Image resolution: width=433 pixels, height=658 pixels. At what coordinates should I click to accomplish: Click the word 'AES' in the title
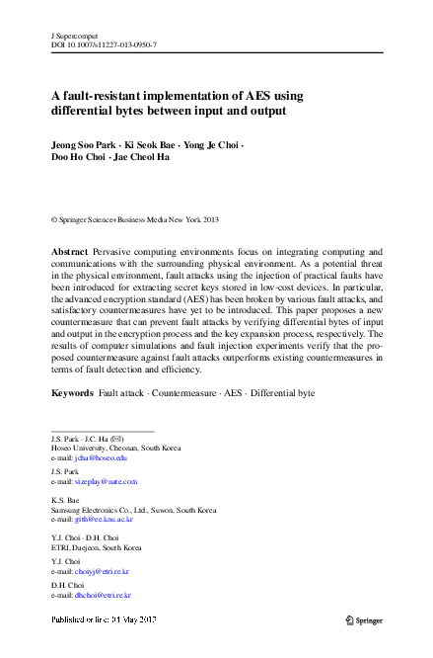(259, 96)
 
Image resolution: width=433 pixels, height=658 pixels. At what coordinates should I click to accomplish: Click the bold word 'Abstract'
(71, 254)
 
